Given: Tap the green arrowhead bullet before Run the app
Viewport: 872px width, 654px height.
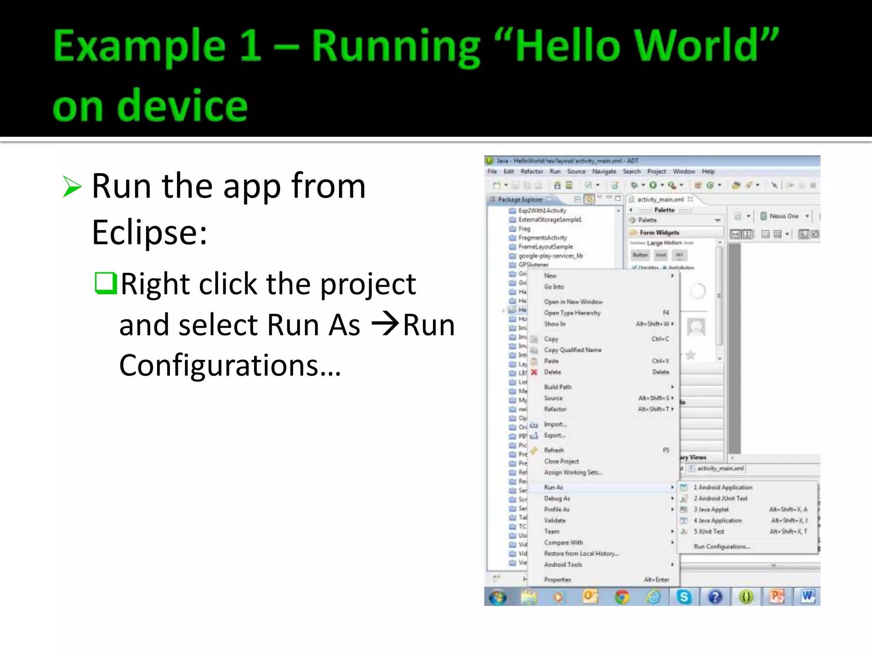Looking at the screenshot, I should (72, 187).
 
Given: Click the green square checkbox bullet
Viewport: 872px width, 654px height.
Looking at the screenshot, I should (105, 283).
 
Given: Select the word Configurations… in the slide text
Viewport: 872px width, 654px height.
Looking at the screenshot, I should (230, 365).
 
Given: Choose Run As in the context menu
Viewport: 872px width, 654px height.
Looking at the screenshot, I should (554, 487).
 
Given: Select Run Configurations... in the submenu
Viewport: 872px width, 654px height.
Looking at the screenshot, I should (722, 546).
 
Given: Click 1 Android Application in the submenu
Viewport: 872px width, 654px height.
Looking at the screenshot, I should (723, 487).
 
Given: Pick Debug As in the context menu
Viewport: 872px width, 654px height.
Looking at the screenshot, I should (557, 498).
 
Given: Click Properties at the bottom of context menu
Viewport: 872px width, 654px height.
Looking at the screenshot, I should (557, 579).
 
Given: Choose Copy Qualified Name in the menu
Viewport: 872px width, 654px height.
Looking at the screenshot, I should (573, 350).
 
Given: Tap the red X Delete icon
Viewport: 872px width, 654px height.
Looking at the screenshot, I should (534, 372).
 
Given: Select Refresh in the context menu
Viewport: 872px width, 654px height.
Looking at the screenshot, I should (554, 450).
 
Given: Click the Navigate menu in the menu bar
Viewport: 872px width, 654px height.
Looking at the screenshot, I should (604, 172).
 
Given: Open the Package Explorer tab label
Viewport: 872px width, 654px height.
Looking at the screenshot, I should (520, 199).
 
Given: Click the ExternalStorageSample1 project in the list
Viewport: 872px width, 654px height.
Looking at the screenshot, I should (549, 220).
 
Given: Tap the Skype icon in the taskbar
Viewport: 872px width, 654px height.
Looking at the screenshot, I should (684, 597).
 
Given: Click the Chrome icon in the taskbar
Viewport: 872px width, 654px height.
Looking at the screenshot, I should (622, 597).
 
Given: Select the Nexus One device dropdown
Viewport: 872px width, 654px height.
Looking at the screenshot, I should (785, 216).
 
